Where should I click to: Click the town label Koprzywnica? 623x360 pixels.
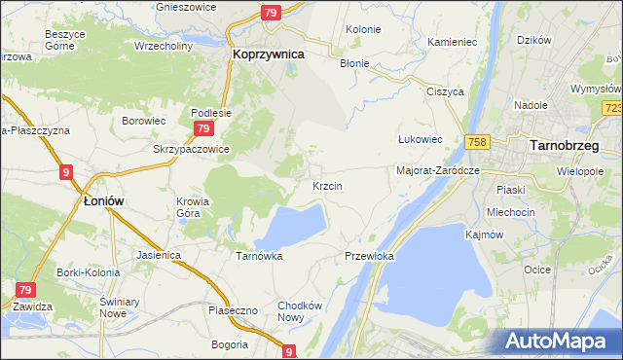point(268,55)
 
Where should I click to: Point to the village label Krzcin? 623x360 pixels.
point(326,185)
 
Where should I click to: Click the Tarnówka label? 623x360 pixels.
point(259,256)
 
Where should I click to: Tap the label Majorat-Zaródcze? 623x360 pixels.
point(439,169)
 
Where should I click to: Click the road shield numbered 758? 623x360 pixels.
point(476,142)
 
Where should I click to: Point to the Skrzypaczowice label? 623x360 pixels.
point(191,150)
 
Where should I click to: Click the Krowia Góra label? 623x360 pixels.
point(193,207)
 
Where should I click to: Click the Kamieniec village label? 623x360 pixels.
point(452,44)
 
